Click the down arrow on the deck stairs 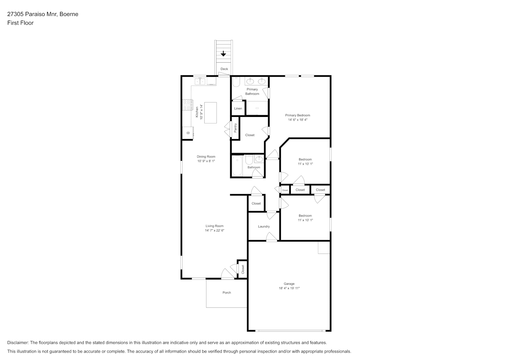(223, 54)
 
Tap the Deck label (224, 69)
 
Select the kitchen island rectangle (210, 113)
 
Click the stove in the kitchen (188, 105)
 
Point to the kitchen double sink (200, 81)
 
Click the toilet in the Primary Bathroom (236, 82)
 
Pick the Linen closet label (238, 108)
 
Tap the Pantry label (235, 128)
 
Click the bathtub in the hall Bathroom (238, 166)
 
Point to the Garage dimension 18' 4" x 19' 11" (289, 288)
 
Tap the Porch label (227, 292)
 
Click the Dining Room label (206, 156)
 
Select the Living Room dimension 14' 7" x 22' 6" (214, 230)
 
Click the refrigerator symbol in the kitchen (188, 133)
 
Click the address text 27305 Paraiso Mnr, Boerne (43, 14)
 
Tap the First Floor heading (20, 23)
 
